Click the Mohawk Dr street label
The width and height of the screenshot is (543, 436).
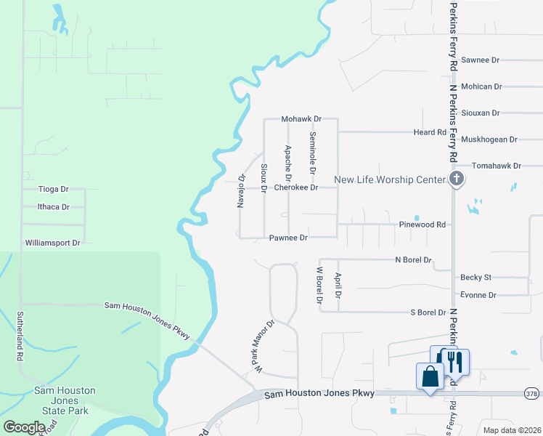click(301, 118)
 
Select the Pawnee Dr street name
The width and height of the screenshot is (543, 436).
click(288, 238)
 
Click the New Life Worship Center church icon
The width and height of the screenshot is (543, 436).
click(457, 179)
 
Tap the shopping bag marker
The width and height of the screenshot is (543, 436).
click(430, 377)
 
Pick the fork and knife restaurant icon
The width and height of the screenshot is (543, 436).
click(455, 361)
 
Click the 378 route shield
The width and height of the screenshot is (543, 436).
click(531, 393)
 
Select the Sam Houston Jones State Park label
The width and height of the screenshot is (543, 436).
click(65, 400)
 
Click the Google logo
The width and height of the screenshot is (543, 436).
click(24, 427)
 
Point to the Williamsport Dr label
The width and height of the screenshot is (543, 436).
click(52, 243)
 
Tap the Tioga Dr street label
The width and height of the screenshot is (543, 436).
click(53, 189)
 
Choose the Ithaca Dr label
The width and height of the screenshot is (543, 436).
click(53, 207)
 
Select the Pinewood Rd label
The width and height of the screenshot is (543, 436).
click(422, 225)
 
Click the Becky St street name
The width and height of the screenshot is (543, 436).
click(475, 278)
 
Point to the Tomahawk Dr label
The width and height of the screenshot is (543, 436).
click(497, 166)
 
